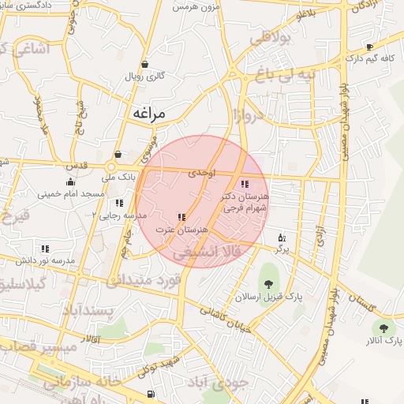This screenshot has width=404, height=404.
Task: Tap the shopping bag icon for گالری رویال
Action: coord(144,65)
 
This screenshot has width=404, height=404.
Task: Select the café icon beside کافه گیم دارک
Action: coord(369,47)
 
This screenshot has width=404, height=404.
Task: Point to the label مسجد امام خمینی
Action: coord(77,193)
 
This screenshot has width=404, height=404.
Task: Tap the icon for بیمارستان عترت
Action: coord(181,217)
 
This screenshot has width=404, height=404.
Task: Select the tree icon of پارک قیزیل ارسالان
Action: coord(270,282)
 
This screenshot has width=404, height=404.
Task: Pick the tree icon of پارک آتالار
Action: coord(383,327)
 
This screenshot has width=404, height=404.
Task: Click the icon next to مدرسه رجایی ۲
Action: coord(119,203)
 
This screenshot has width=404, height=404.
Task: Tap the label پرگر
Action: coord(282,249)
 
